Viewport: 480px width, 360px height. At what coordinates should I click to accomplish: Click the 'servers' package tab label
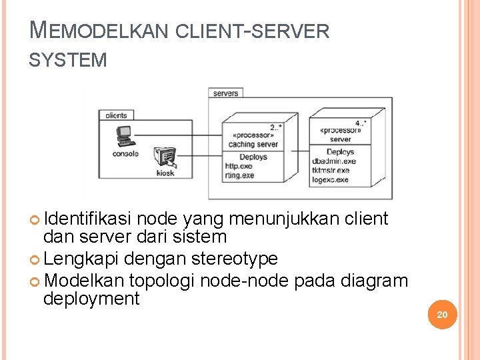(x=225, y=93)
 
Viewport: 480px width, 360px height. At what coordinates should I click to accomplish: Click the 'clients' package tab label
(x=116, y=115)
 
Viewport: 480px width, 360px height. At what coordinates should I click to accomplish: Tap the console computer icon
(x=124, y=136)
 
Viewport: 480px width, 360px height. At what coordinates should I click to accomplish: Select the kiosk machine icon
(x=165, y=157)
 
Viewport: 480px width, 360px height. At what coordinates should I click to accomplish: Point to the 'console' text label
(x=125, y=154)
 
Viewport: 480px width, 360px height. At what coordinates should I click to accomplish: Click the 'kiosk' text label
(x=165, y=173)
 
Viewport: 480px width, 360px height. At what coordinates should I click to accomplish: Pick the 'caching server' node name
(x=253, y=144)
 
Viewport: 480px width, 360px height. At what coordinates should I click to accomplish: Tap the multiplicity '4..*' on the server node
(x=361, y=123)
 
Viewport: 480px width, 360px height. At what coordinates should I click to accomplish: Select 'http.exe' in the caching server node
(x=239, y=166)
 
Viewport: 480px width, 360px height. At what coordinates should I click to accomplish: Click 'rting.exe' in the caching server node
(x=240, y=175)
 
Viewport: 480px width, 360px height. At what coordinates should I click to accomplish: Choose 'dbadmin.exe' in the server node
(x=334, y=161)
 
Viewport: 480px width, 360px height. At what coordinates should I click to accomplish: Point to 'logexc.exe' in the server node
(x=331, y=179)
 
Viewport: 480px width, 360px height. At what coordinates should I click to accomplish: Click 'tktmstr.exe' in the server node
(x=331, y=171)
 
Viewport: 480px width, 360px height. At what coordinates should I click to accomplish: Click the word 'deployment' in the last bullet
(x=91, y=299)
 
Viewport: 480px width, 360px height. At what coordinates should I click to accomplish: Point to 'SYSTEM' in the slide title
(x=68, y=60)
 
